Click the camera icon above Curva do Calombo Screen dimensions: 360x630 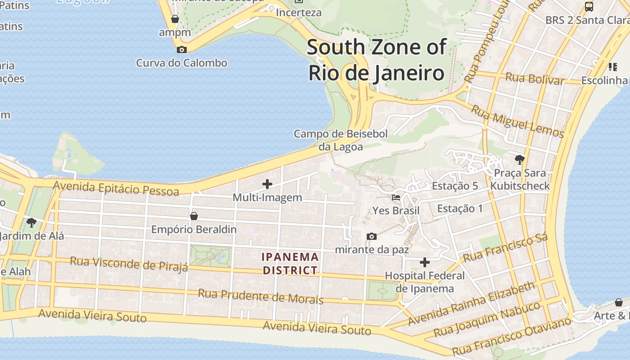point(182,49)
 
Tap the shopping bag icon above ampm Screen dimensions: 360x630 point(175,19)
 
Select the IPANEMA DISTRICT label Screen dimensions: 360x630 point(291,264)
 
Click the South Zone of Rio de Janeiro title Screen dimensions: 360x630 point(376,60)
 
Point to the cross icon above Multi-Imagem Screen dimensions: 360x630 point(267,184)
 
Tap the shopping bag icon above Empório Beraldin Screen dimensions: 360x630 point(194,216)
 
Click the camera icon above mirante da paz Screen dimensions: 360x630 point(372,236)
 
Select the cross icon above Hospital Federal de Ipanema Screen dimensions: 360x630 point(424,262)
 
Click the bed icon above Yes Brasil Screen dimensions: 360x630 point(396,197)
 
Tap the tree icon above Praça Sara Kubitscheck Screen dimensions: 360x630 point(520,159)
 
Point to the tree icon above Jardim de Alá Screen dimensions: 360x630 point(31,222)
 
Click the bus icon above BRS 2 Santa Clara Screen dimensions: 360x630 point(589,7)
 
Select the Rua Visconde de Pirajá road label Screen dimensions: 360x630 point(129,264)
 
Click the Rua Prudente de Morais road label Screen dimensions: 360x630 point(261,297)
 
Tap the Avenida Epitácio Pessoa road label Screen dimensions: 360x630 point(116,188)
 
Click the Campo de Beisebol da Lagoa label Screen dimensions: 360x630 point(341,140)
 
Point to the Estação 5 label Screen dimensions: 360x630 point(454,186)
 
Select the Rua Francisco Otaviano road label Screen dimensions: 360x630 point(512,336)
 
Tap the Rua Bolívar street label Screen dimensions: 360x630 point(535,79)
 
